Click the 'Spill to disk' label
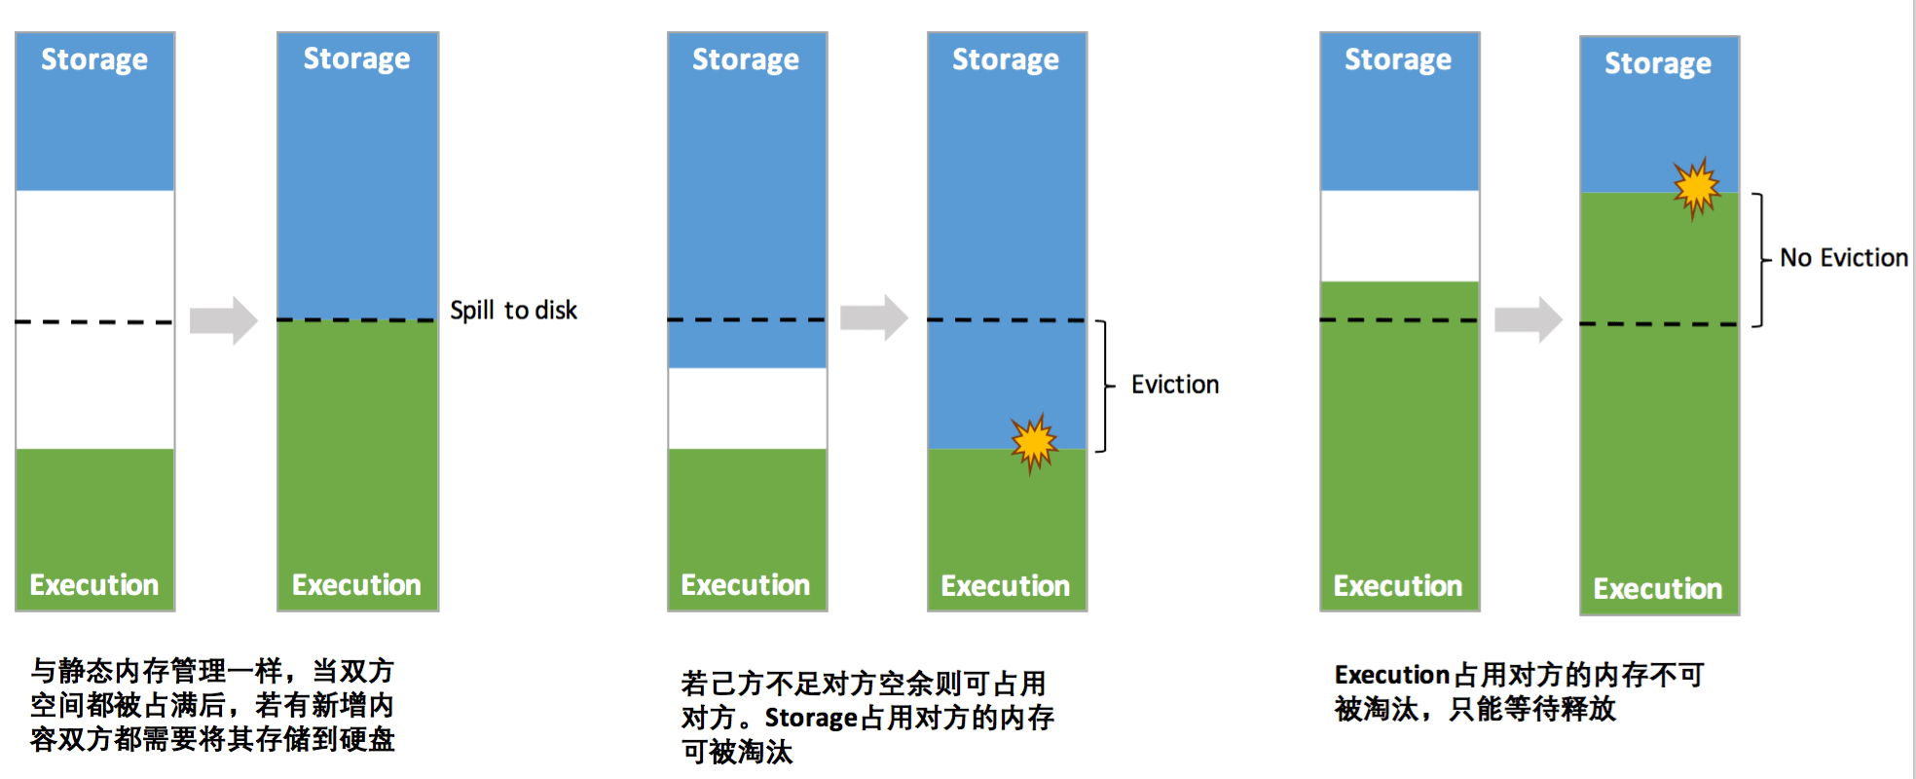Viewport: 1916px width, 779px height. coord(513,311)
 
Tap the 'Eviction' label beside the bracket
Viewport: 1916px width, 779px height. coord(1174,385)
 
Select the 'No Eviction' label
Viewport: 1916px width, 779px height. coord(1843,258)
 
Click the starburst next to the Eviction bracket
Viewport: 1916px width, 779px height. coord(1034,443)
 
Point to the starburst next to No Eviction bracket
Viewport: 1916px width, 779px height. coord(1696,187)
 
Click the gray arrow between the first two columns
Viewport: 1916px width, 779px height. coord(223,319)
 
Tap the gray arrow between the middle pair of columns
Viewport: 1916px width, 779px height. coord(873,317)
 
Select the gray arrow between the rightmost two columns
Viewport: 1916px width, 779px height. coord(1528,318)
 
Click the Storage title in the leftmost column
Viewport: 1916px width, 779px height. coord(94,60)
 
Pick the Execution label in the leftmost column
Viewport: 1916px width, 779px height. coord(94,584)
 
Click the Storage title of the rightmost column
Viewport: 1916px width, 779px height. coord(1657,64)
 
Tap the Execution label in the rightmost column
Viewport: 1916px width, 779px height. coord(1657,588)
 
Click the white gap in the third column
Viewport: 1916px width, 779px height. coord(747,408)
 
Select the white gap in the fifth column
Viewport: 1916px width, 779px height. coord(1399,236)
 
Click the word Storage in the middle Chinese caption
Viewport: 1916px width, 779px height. coord(810,718)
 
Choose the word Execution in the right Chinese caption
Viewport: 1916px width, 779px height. coord(1392,675)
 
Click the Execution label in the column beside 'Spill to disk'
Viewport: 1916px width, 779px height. coord(356,584)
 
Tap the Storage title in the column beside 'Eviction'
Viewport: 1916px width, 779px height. coord(1005,60)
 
